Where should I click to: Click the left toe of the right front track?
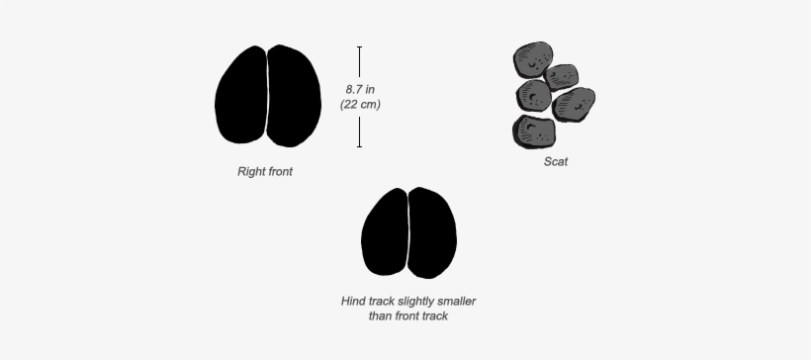(241, 97)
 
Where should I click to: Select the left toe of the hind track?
(385, 233)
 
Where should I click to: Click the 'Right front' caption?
(265, 171)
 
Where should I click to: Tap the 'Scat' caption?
(556, 161)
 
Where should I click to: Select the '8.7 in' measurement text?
(359, 89)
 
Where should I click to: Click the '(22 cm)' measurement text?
(360, 104)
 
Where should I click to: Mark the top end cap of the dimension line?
(359, 46)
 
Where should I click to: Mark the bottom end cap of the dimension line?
(359, 146)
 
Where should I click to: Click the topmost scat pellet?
(534, 59)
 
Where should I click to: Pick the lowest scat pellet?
(534, 132)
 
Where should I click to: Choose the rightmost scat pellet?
(575, 103)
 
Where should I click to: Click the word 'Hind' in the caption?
(353, 301)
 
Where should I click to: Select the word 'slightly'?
(414, 301)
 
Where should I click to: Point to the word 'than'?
(368, 316)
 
